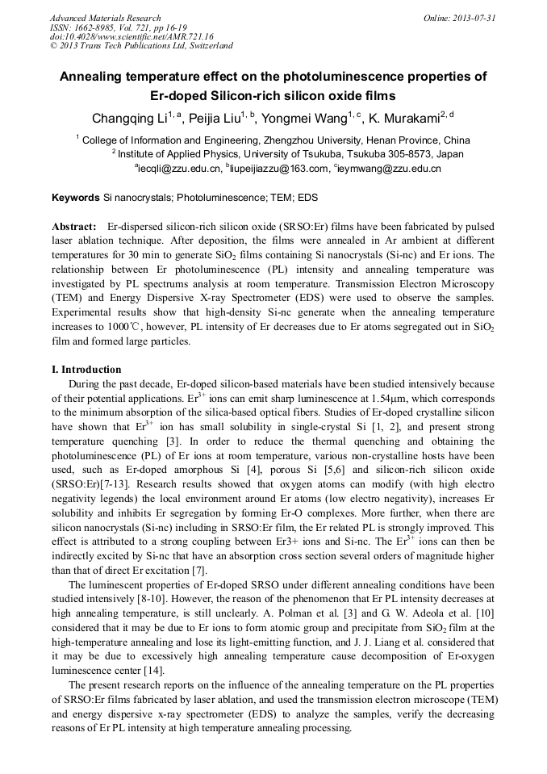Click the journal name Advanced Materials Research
click(x=105, y=18)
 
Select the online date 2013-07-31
click(x=475, y=18)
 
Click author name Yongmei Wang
click(x=308, y=119)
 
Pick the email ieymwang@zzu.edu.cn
click(x=389, y=169)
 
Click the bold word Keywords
click(x=76, y=197)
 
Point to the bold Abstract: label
click(x=75, y=227)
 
